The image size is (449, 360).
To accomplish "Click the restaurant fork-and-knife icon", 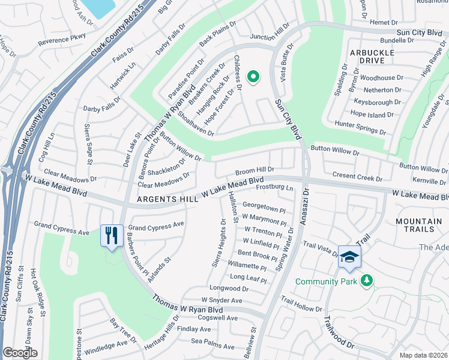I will (x=112, y=235).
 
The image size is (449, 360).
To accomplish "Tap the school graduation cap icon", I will (x=349, y=257).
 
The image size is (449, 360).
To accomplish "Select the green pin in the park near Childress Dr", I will (x=253, y=76).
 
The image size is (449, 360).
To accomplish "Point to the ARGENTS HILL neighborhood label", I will (x=163, y=199).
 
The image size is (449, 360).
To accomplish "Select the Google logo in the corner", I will (x=20, y=353).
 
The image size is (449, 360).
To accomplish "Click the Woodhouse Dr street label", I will (x=378, y=78).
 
